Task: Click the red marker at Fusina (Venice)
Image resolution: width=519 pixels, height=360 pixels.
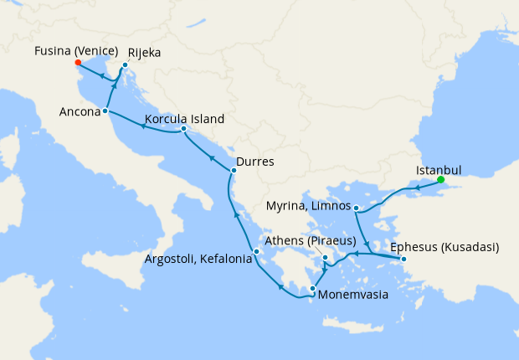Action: tap(77, 63)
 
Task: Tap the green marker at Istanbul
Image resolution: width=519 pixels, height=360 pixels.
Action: tap(440, 178)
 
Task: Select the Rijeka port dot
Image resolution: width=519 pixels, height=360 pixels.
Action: tap(125, 65)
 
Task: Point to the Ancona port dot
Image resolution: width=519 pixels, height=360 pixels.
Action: tap(105, 111)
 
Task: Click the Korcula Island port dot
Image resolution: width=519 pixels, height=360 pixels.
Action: tap(183, 129)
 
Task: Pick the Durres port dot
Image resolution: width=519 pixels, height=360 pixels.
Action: tap(233, 172)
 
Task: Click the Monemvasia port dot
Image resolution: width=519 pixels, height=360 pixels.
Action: tap(313, 290)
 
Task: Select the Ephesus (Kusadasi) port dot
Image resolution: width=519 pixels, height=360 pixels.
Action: tap(403, 259)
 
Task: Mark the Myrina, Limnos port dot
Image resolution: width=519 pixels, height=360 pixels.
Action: tap(357, 208)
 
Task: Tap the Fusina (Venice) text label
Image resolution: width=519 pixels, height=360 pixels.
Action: tap(75, 51)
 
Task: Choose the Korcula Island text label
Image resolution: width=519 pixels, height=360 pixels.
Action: tap(184, 119)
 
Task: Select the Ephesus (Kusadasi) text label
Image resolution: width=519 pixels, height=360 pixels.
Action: tap(444, 247)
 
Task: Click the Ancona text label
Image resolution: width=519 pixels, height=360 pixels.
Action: tap(80, 111)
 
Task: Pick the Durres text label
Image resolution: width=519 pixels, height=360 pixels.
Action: tap(255, 161)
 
